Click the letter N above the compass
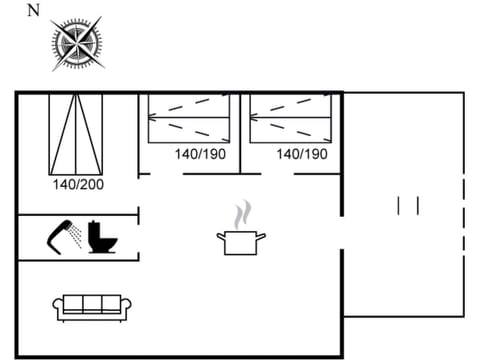(x=34, y=11)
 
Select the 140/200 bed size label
(x=78, y=184)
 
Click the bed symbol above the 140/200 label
(x=76, y=133)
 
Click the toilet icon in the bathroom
(x=101, y=238)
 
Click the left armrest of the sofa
(x=58, y=308)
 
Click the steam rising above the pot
(x=241, y=214)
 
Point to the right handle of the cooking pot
(x=262, y=236)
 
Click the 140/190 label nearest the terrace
(x=302, y=154)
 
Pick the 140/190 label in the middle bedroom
(x=200, y=154)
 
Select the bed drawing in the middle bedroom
(x=189, y=117)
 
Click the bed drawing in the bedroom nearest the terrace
(x=290, y=117)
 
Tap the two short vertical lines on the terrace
(x=408, y=205)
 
